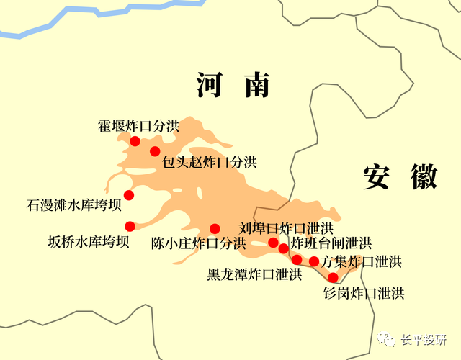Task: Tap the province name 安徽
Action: pos(400,176)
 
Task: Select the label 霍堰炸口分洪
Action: pos(138,125)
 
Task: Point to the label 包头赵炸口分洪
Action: pos(209,162)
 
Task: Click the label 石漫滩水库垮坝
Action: pos(73,207)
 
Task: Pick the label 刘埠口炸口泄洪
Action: pos(286,228)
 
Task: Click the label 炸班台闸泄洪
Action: pos(331,243)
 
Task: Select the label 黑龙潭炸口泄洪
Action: pos(254,274)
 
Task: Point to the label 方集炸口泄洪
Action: pos(361,261)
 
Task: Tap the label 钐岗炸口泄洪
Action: pos(364,293)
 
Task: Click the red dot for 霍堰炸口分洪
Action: pos(134,141)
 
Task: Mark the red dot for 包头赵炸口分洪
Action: pos(155,151)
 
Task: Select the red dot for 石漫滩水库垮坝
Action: pos(129,195)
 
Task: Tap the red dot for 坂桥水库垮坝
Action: pos(130,226)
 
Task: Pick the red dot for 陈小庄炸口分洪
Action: pos(215,229)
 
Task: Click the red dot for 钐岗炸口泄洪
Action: pos(333,277)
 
